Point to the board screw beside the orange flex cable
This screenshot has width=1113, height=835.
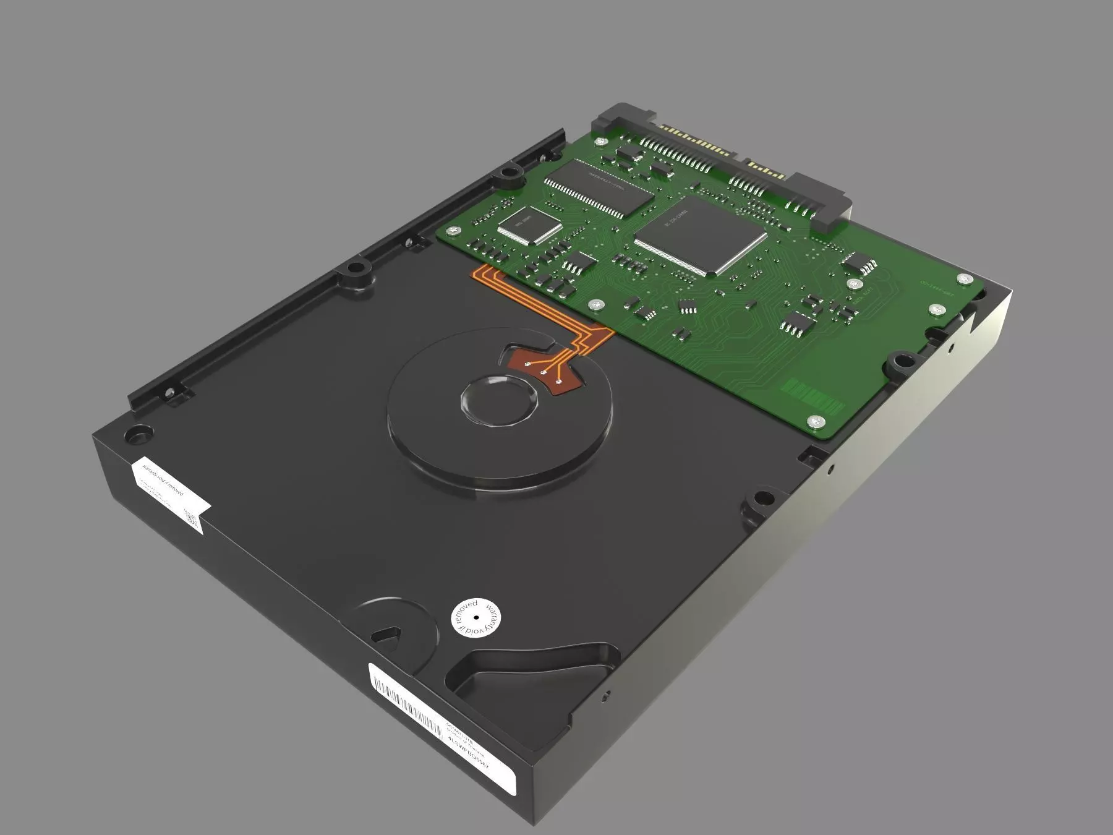595,304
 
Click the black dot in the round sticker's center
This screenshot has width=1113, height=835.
476,617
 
